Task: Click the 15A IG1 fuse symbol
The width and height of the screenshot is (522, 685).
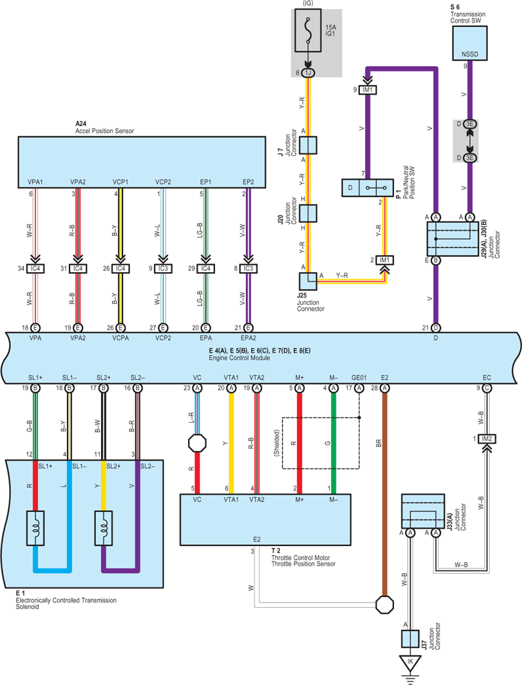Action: pos(308,30)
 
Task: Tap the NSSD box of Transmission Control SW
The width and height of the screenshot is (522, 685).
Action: pos(470,43)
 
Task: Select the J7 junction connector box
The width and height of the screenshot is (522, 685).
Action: pos(308,145)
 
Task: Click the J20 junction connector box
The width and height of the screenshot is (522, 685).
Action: pos(308,213)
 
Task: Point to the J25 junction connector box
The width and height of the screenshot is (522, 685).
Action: pos(308,281)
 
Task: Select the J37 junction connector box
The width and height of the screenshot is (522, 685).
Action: pos(410,638)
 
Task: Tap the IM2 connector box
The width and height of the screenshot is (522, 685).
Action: pos(487,439)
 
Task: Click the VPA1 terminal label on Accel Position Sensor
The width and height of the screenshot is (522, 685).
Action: pos(35,182)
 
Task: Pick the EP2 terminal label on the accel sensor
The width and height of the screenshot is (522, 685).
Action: pos(249,182)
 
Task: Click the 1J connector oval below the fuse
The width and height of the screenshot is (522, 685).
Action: pos(308,73)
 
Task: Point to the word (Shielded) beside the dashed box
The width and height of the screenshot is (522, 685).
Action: pos(276,443)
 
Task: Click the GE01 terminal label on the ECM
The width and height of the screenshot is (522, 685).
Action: pos(359,378)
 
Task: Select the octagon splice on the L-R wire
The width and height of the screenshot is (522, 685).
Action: pos(197,443)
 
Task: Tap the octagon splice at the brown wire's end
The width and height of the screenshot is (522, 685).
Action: pos(385,605)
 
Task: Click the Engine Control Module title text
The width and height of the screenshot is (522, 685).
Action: pos(239,358)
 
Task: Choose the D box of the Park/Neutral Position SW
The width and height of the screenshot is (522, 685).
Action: pos(350,188)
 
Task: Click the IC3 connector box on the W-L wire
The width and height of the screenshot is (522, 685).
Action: pos(163,268)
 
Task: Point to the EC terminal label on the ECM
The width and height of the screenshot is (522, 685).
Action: pos(487,378)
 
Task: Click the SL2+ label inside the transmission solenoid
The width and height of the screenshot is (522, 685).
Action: pos(113,466)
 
